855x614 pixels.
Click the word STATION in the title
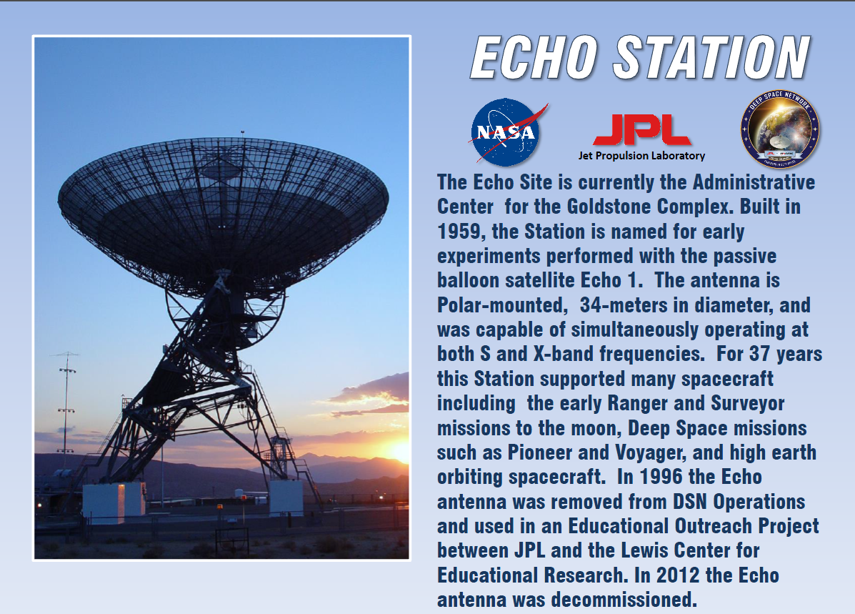point(712,57)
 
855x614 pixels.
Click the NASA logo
point(507,132)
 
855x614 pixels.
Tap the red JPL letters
point(642,130)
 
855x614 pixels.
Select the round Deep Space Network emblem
point(780,129)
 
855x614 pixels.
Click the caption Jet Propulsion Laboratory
point(642,156)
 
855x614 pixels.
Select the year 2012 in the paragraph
point(678,575)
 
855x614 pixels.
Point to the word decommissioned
point(624,599)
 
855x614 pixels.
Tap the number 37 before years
point(759,354)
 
